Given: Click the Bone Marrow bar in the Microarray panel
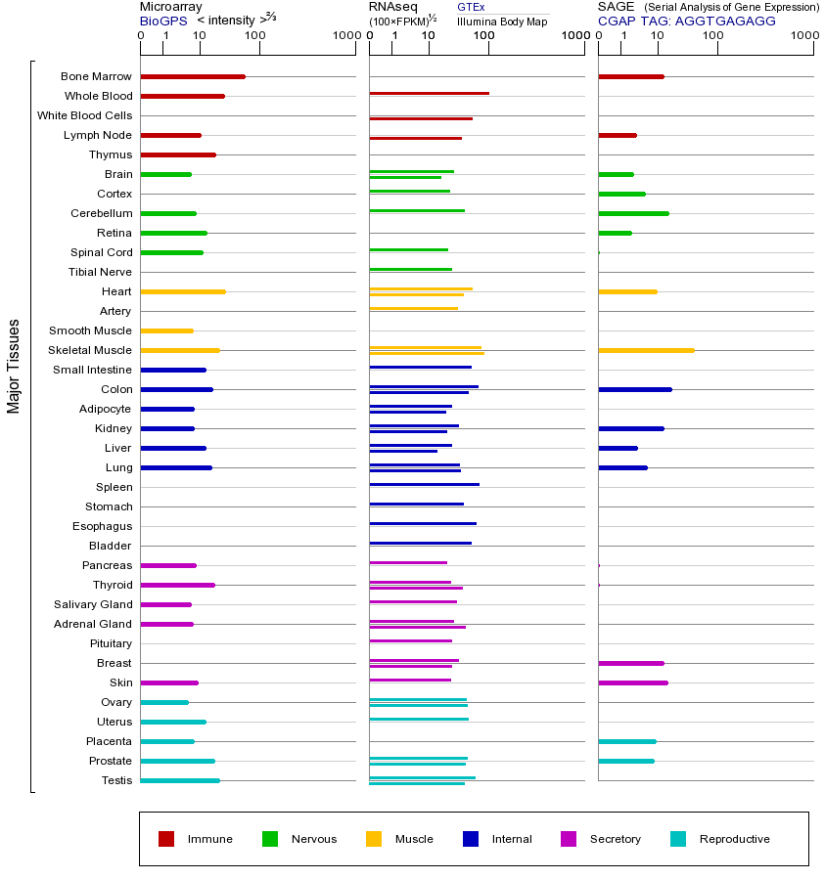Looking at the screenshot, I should point(193,76).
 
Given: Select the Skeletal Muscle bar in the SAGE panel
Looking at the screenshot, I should point(646,350).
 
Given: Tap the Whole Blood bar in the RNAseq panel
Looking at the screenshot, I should point(429,94).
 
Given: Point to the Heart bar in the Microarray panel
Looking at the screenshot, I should point(183,291).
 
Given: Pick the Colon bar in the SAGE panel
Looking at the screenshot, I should point(635,389).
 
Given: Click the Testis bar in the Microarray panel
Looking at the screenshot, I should point(180,780).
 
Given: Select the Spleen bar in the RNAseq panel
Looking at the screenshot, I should point(424,485).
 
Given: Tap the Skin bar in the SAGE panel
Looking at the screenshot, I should point(633,682).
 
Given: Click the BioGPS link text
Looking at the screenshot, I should point(162,21).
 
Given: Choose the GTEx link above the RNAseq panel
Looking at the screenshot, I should point(471,8).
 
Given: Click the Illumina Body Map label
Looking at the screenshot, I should point(502,21).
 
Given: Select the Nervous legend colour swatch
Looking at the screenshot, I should point(270,839).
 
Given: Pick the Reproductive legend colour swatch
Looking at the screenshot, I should point(678,839).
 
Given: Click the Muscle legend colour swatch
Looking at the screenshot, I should point(374,839).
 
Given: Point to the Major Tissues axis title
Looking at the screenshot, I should point(14,366).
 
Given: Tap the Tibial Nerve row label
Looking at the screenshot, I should point(100,272).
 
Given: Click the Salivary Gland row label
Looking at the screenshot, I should point(93,604).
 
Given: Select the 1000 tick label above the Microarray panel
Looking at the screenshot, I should point(344,36).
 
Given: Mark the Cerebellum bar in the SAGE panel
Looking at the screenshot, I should point(633,213).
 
